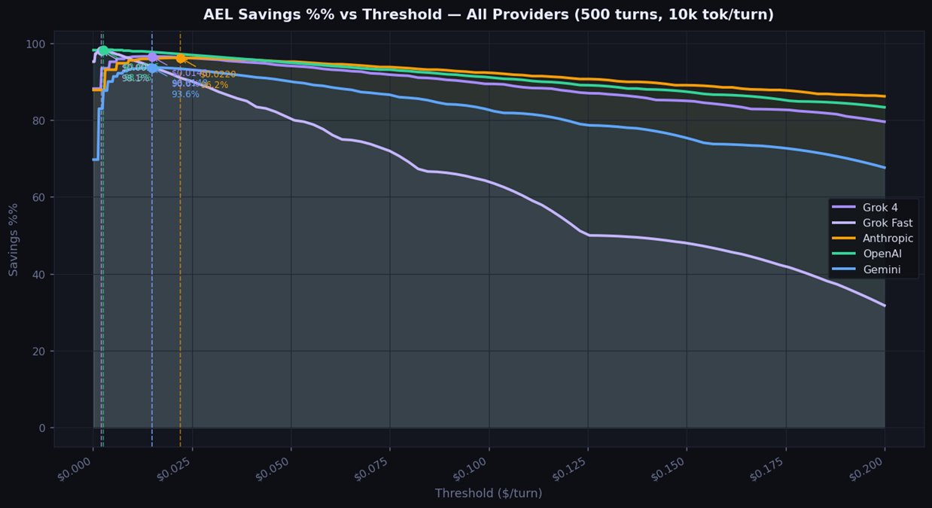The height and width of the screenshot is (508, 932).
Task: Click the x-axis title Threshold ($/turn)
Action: point(489,494)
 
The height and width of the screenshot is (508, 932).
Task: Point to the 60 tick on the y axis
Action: point(41,198)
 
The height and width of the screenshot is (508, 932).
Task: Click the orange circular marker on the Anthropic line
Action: point(181,58)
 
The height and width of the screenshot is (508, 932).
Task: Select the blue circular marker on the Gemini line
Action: point(152,68)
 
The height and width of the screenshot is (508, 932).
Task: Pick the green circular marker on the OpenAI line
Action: point(103,51)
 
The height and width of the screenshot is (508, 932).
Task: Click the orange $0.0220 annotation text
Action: point(218,75)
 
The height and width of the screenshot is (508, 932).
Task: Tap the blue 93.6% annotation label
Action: point(185,95)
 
